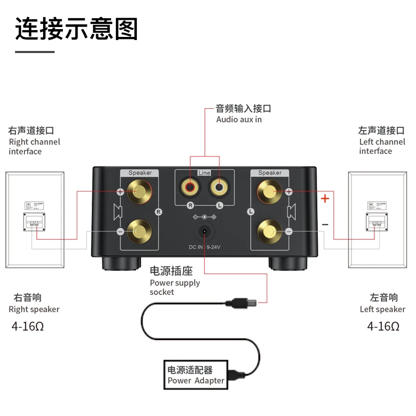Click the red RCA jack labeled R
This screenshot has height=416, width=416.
188,185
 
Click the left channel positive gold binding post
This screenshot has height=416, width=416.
269,192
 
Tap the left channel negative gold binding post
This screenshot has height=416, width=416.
269,230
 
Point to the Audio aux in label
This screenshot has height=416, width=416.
239,120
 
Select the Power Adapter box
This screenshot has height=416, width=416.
196,375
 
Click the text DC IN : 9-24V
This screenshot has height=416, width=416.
204,248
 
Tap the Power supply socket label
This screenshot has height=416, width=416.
175,287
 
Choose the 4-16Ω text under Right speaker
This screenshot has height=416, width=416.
31,327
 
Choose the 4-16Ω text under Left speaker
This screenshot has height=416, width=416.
383,327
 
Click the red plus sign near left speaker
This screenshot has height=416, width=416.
325,198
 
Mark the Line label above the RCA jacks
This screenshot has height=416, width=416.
204,173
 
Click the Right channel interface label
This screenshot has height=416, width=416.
34,146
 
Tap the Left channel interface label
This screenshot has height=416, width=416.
382,146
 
